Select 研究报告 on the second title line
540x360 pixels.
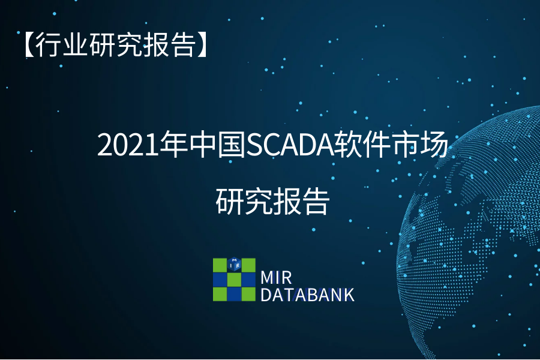pyautogui.click(x=273, y=202)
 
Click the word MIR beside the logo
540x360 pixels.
pyautogui.click(x=276, y=278)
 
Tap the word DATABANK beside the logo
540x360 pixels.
pyautogui.click(x=307, y=295)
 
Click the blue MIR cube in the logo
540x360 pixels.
pyautogui.click(x=234, y=265)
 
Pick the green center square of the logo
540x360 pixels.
pyautogui.click(x=234, y=280)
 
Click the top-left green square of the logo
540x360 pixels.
pyautogui.click(x=220, y=265)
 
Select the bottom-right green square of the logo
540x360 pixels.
pyautogui.click(x=248, y=294)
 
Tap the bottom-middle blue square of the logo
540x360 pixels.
pyautogui.click(x=234, y=294)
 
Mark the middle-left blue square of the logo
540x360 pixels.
pyautogui.click(x=220, y=280)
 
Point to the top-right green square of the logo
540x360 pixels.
pyautogui.click(x=248, y=265)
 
